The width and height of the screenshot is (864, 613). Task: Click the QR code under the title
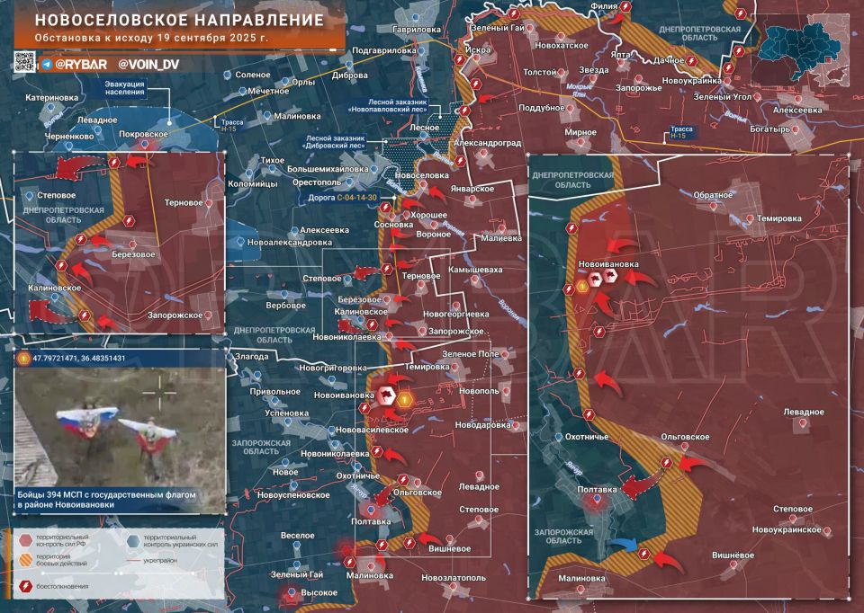(x=23, y=63)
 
